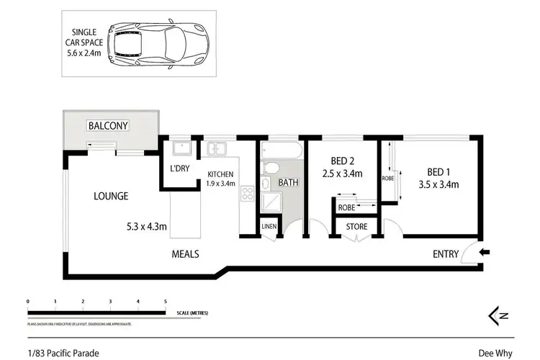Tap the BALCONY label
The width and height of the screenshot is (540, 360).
pos(108,126)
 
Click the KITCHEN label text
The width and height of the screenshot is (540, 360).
pos(220,174)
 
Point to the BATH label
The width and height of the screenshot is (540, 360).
pos(288,183)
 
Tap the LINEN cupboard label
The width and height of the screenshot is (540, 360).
pos(269,227)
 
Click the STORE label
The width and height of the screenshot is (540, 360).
pos(357,227)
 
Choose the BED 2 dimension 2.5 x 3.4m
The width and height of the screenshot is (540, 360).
pos(342,174)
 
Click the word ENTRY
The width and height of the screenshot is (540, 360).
pos(446,253)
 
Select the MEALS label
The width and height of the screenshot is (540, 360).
pos(185,253)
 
